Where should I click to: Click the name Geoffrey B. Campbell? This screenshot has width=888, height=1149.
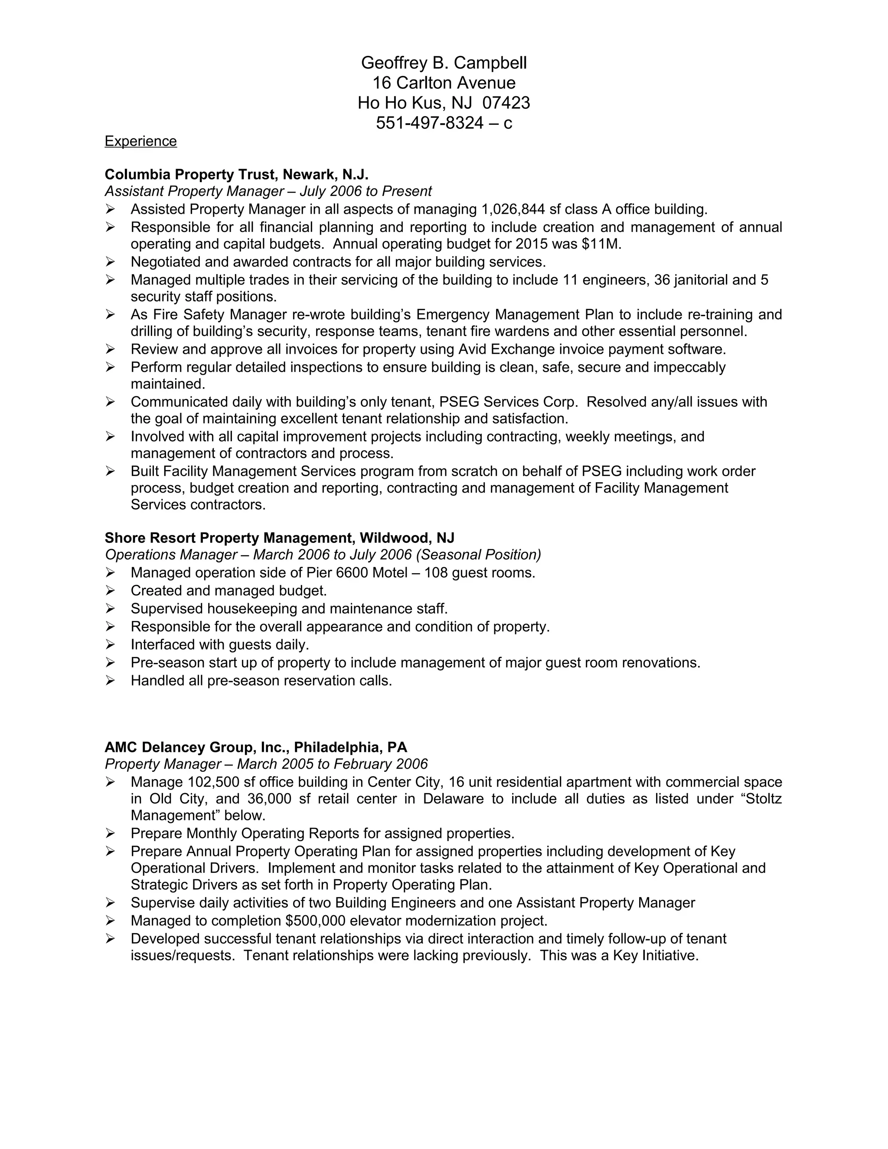(x=444, y=63)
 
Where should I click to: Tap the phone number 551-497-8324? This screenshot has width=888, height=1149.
(x=429, y=123)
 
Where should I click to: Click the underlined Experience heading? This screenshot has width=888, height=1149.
(x=140, y=141)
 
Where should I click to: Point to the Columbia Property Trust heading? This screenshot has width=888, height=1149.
(x=236, y=174)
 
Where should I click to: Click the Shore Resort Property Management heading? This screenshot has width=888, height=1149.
(x=279, y=538)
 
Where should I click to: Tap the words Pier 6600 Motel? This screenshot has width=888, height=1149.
(x=357, y=572)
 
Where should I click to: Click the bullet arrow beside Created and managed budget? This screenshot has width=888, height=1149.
(x=110, y=591)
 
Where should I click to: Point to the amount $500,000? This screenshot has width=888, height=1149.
(x=315, y=921)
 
